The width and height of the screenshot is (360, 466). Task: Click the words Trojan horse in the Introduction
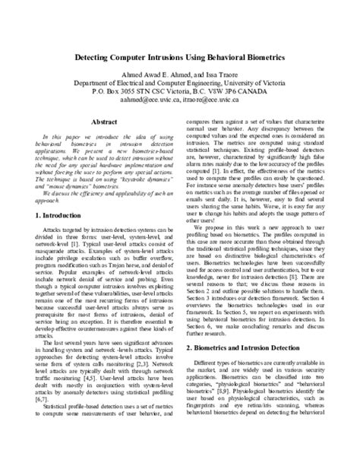(131, 263)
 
